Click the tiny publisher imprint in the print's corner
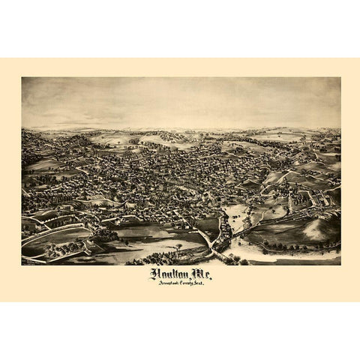click(30, 262)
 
